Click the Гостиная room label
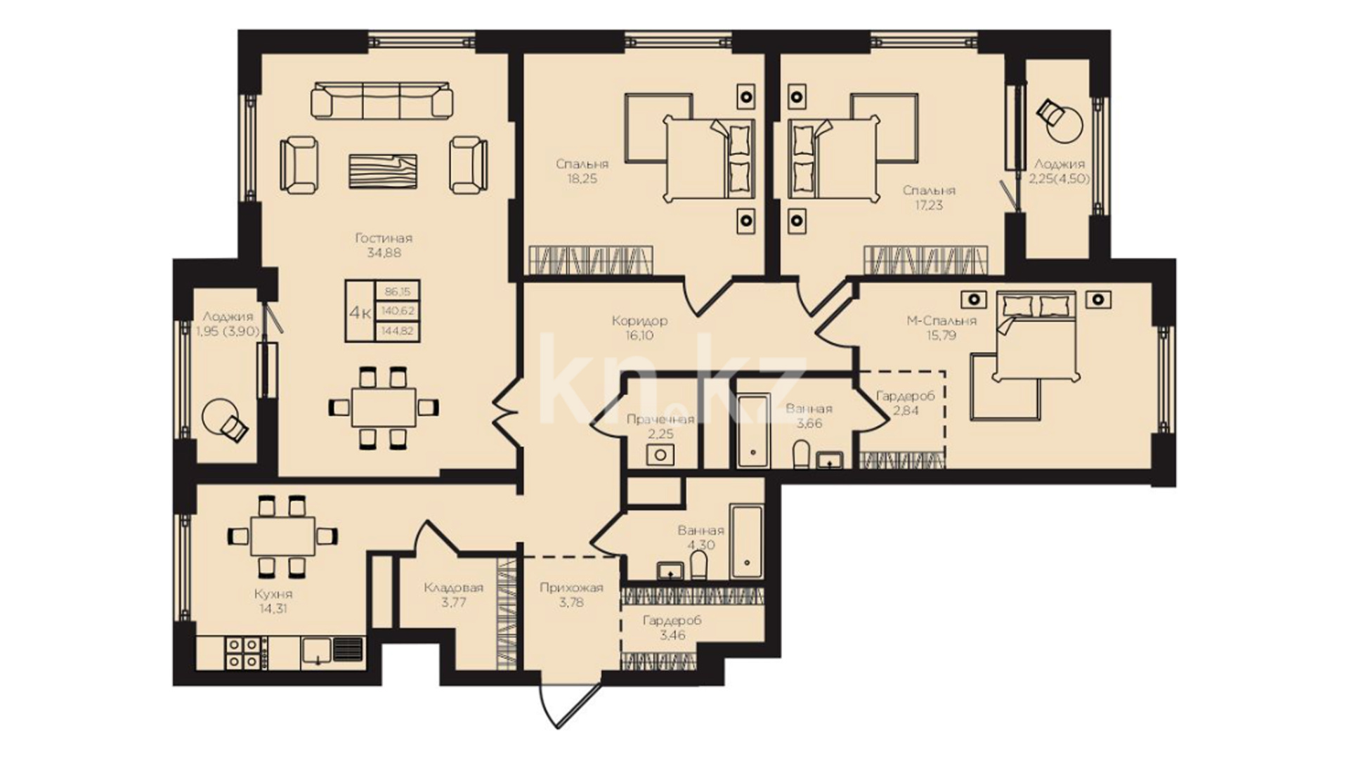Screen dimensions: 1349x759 point(384,238)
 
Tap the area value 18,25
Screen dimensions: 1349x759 point(582,179)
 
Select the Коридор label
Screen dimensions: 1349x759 point(639,321)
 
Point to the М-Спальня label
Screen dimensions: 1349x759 point(941,321)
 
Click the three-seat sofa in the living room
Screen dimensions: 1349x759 point(382,99)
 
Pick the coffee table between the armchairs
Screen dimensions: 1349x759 point(383,171)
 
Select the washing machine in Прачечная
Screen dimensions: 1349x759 point(661,455)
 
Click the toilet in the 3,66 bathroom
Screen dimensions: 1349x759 point(800,454)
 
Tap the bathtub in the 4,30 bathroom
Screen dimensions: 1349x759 point(746,540)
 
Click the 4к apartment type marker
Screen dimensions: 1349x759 point(360,311)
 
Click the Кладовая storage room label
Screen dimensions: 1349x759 point(453,588)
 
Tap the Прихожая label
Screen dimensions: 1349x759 point(571,588)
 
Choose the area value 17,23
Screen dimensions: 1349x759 point(929,206)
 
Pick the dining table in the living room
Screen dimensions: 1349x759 point(384,407)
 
